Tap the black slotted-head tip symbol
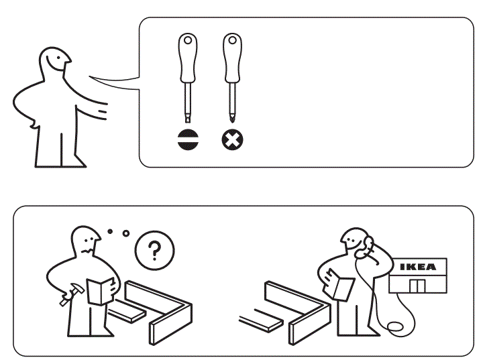pos(186,139)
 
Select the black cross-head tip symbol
pos(233,139)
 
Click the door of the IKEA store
pos(417,286)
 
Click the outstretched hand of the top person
pos(102,109)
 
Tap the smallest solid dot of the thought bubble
pos(109,231)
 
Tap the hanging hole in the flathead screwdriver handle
pos(186,41)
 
